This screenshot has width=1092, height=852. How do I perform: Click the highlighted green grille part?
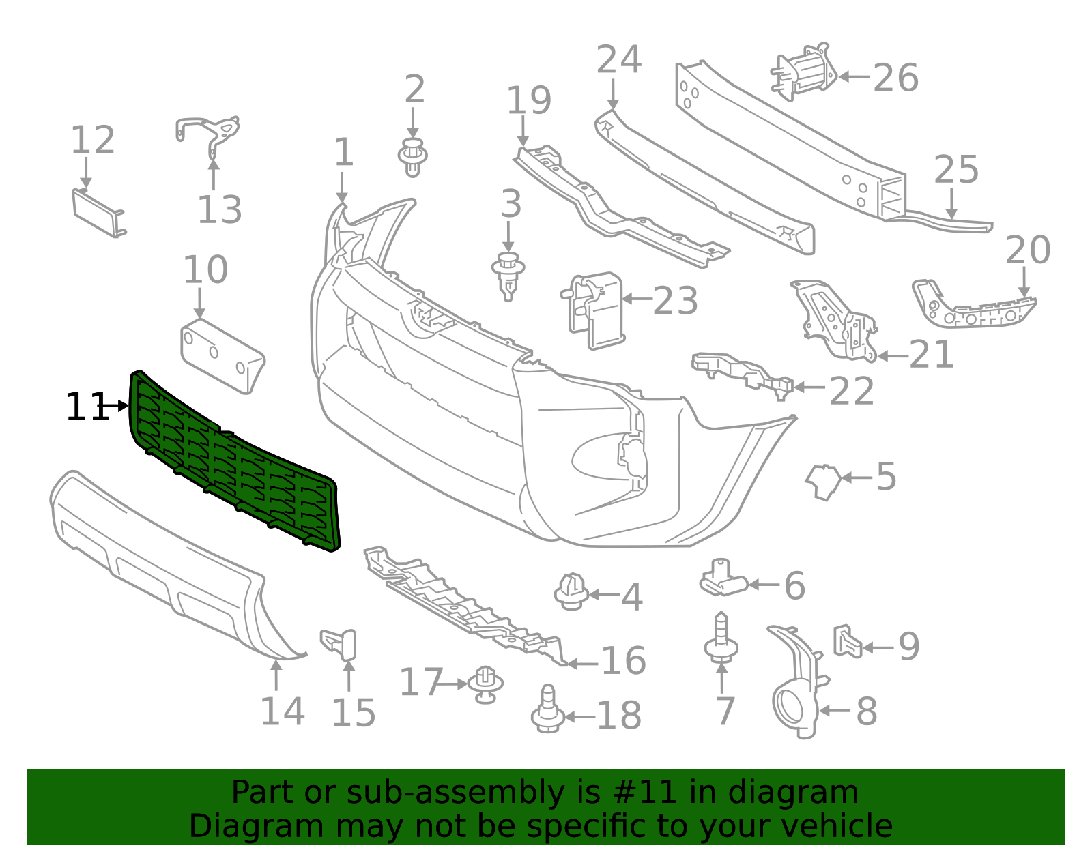[x=232, y=464]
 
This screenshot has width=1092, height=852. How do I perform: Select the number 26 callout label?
[x=895, y=78]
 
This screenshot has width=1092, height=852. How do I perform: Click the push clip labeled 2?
[x=412, y=157]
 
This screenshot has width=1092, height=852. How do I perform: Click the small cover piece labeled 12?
[x=98, y=213]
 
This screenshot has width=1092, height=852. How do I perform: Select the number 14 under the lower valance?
[x=282, y=711]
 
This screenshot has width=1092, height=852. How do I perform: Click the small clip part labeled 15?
[x=341, y=644]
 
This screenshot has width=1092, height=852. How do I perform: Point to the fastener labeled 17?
[x=485, y=684]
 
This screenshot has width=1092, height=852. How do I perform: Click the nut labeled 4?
[x=571, y=591]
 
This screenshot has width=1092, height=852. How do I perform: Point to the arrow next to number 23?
[x=636, y=299]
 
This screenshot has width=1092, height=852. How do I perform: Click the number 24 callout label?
[x=618, y=59]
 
